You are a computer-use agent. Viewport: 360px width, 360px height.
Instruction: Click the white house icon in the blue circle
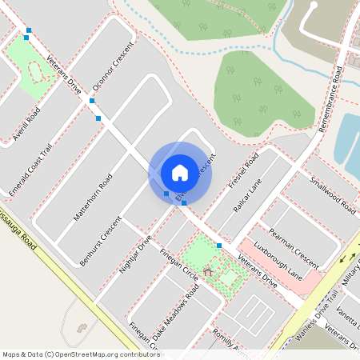click(x=180, y=173)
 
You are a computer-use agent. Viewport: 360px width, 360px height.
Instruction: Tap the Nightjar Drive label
click(x=135, y=254)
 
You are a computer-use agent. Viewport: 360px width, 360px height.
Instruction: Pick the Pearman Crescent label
click(x=294, y=247)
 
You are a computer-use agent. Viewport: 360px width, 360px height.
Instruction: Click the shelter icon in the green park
click(x=208, y=272)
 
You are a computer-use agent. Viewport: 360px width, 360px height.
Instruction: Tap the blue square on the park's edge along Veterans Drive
click(x=218, y=245)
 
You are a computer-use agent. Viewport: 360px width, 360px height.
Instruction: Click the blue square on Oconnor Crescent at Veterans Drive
click(x=93, y=102)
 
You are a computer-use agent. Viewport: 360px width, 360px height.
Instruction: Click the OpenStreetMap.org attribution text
click(x=80, y=354)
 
